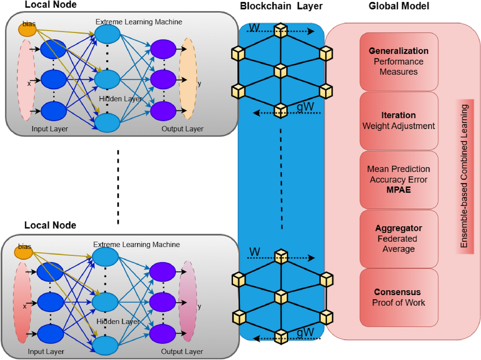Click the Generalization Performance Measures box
[x=398, y=61]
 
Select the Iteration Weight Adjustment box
[x=398, y=121]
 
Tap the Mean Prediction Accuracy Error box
[x=398, y=180]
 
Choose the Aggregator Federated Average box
[x=398, y=239]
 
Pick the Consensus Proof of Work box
[x=398, y=297]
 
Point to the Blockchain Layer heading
[x=281, y=6]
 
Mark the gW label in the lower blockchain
[x=305, y=332]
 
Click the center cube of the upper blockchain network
[x=281, y=71]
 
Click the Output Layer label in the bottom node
[x=182, y=352]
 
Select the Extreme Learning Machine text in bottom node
[x=136, y=245]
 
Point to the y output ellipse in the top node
[x=187, y=80]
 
